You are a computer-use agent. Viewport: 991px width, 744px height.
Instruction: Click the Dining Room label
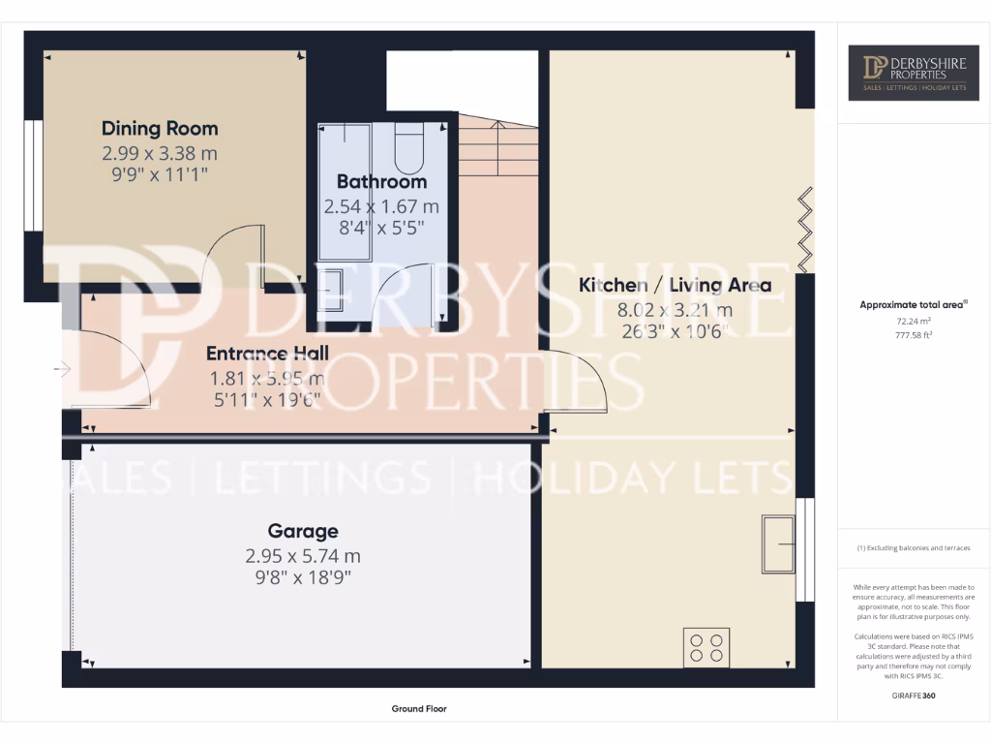[160, 128]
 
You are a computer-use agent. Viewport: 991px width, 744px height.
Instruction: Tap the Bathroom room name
[381, 181]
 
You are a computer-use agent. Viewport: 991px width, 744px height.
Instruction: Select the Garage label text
[303, 531]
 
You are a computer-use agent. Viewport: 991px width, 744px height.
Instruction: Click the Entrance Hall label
[268, 353]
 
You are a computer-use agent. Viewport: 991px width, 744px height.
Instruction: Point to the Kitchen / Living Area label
[675, 285]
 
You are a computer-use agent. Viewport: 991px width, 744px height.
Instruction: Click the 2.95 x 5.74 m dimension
[303, 556]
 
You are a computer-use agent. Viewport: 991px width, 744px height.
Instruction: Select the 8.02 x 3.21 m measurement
[675, 310]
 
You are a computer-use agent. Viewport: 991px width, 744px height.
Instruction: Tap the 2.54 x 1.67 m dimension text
[381, 206]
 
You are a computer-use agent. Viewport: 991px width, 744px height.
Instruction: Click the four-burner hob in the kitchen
[706, 646]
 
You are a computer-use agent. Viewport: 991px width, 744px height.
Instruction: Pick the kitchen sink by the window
[777, 543]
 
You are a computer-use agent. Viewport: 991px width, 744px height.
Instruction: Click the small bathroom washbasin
[331, 289]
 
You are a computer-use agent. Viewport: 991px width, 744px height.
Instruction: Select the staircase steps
[498, 147]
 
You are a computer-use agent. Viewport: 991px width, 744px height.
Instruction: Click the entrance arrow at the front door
[64, 369]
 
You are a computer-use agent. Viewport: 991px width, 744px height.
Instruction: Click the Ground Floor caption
[419, 709]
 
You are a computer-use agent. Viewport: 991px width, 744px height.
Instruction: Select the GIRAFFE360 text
[913, 696]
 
